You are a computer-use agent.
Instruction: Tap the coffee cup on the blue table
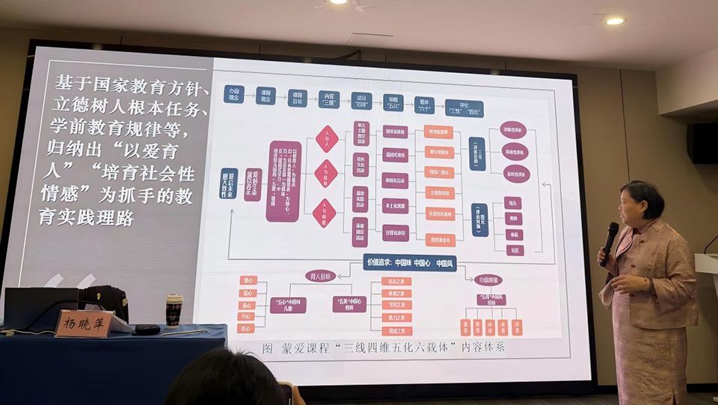pyautogui.click(x=174, y=310)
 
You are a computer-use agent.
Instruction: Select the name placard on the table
pyautogui.click(x=83, y=323)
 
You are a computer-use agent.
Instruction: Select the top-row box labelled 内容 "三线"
pyautogui.click(x=329, y=100)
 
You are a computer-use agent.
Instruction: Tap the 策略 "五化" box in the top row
pyautogui.click(x=393, y=102)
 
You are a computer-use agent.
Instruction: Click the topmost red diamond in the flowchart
pyautogui.click(x=326, y=138)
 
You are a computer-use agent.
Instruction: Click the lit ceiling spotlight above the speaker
pyautogui.click(x=615, y=21)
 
